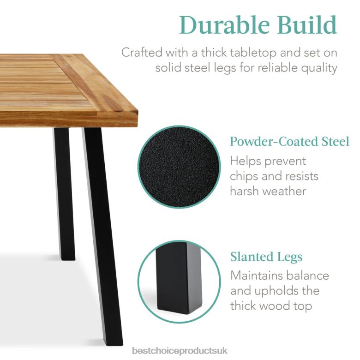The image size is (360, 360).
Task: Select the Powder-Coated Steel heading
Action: tap(289, 141)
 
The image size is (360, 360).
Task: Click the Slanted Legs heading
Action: tap(266, 257)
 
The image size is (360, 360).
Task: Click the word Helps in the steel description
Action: tap(248, 161)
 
